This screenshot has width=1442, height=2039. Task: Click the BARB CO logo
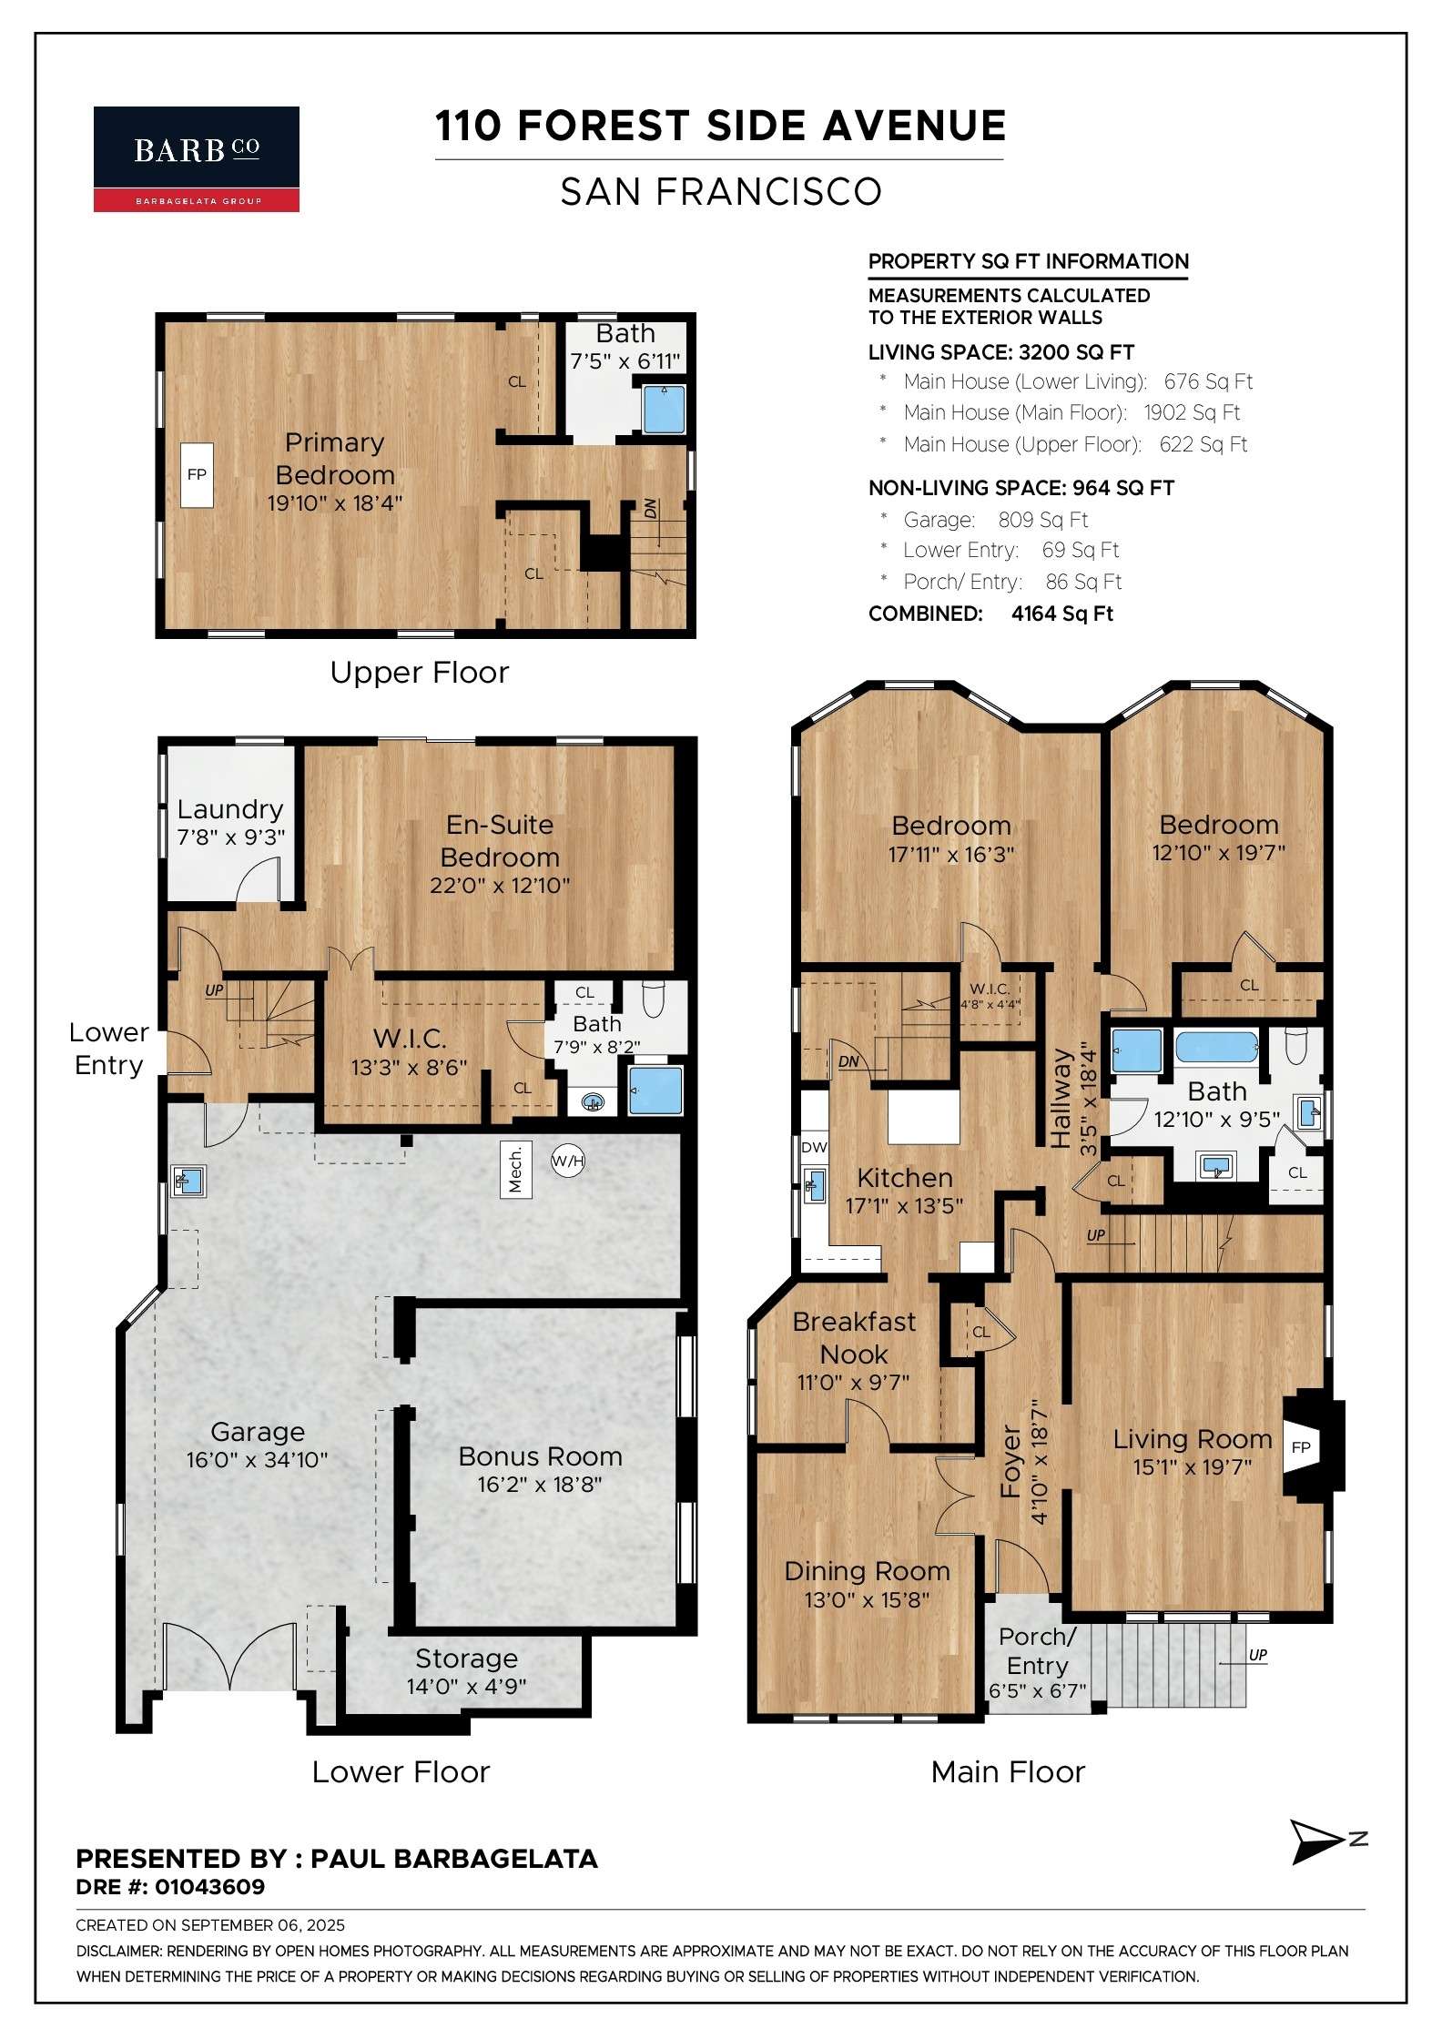tap(197, 159)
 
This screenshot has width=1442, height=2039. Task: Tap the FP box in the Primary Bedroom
tap(197, 474)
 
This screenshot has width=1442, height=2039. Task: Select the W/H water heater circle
tap(568, 1161)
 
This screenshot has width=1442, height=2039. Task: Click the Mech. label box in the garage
tap(516, 1169)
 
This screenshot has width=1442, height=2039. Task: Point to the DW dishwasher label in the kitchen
tap(814, 1147)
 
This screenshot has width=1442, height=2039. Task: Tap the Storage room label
tap(466, 1659)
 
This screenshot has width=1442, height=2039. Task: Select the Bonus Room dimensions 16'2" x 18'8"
tap(540, 1485)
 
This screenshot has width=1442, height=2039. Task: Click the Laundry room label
tap(230, 809)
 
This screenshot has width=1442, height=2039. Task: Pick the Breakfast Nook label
tap(854, 1337)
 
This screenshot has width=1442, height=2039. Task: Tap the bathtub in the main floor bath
tap(1217, 1048)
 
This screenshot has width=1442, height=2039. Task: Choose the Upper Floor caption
tap(419, 673)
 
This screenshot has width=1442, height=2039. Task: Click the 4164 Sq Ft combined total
tap(1062, 614)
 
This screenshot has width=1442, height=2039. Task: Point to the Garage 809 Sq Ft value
tap(1043, 520)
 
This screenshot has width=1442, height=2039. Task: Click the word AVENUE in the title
tap(914, 126)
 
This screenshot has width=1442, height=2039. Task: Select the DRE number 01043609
tap(209, 1887)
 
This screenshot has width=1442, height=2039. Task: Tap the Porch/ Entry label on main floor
tap(1037, 1651)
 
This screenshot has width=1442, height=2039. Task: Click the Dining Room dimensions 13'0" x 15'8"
tap(867, 1599)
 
